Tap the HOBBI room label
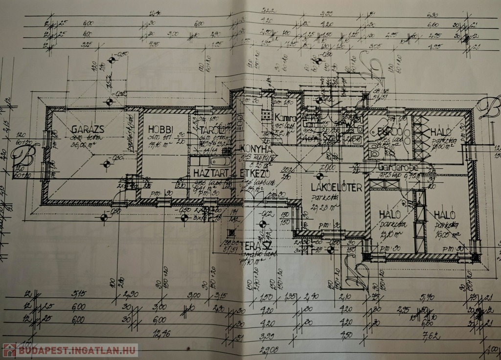click(x=160, y=130)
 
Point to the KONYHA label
click(x=255, y=149)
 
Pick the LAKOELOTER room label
click(x=336, y=187)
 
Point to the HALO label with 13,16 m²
click(x=390, y=214)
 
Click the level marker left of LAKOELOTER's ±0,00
click(x=319, y=176)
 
